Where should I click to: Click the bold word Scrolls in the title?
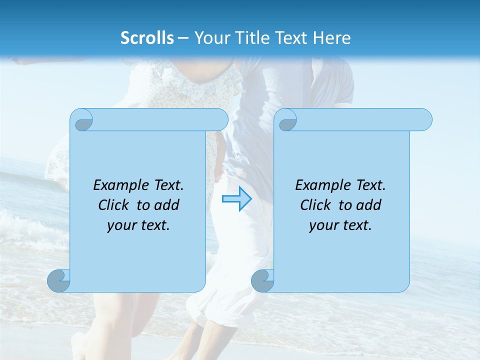(x=147, y=38)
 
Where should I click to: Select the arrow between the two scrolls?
(x=236, y=198)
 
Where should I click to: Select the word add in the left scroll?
(x=167, y=205)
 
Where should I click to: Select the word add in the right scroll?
(x=369, y=205)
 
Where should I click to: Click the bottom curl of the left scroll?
(x=59, y=280)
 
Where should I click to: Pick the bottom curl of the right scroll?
(x=262, y=280)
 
